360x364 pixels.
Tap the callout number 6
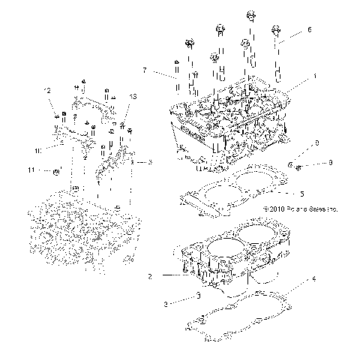click(309, 31)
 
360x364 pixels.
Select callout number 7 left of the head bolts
click(144, 71)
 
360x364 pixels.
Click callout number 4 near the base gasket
click(302, 192)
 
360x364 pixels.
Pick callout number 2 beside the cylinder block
click(149, 277)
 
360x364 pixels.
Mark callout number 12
click(47, 92)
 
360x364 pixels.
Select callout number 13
click(133, 98)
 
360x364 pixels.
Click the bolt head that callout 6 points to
click(277, 29)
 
